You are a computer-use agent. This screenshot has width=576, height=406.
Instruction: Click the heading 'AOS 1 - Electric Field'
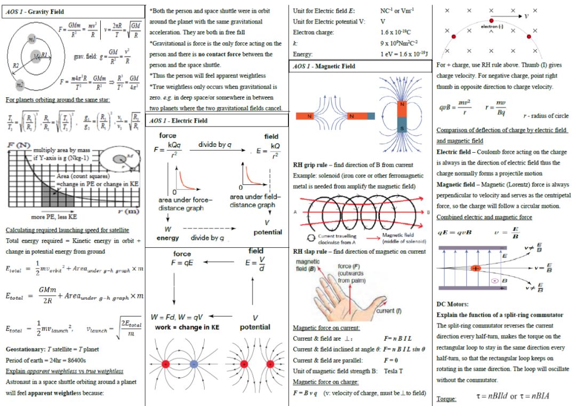point(179,121)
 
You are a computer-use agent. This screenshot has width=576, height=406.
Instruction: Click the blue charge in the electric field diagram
point(194,364)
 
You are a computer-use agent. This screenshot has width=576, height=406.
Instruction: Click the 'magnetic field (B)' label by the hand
point(307,266)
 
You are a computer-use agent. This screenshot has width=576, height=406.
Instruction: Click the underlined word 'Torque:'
point(446,399)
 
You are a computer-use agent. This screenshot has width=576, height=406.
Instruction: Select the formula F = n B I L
point(397,339)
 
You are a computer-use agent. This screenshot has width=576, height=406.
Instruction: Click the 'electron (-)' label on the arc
point(492,26)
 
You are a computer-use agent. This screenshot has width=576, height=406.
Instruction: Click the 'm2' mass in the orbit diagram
point(20,84)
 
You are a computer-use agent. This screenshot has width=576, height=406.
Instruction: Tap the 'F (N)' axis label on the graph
point(18,145)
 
